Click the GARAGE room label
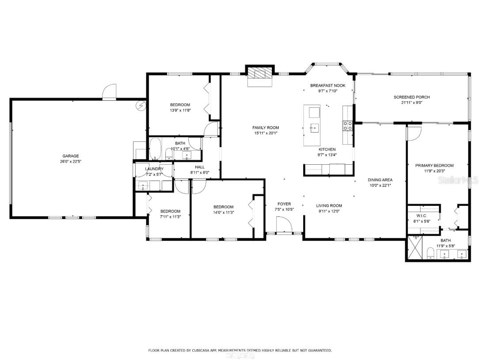pyautogui.click(x=70, y=156)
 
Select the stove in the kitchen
pyautogui.click(x=347, y=126)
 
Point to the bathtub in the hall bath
pyautogui.click(x=155, y=149)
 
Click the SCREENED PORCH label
pyautogui.click(x=411, y=97)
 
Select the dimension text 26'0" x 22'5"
pyautogui.click(x=70, y=162)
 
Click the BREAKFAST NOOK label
pyautogui.click(x=328, y=86)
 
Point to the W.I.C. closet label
pyautogui.click(x=420, y=216)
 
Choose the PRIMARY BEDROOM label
pyautogui.click(x=434, y=166)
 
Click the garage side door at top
pyautogui.click(x=109, y=92)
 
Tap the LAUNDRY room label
pyautogui.click(x=154, y=169)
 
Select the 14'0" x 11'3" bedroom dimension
pyautogui.click(x=223, y=212)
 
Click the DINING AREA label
pyautogui.click(x=380, y=180)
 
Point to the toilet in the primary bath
pyautogui.click(x=430, y=253)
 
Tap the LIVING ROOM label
pyautogui.click(x=329, y=205)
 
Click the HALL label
pyautogui.click(x=200, y=167)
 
